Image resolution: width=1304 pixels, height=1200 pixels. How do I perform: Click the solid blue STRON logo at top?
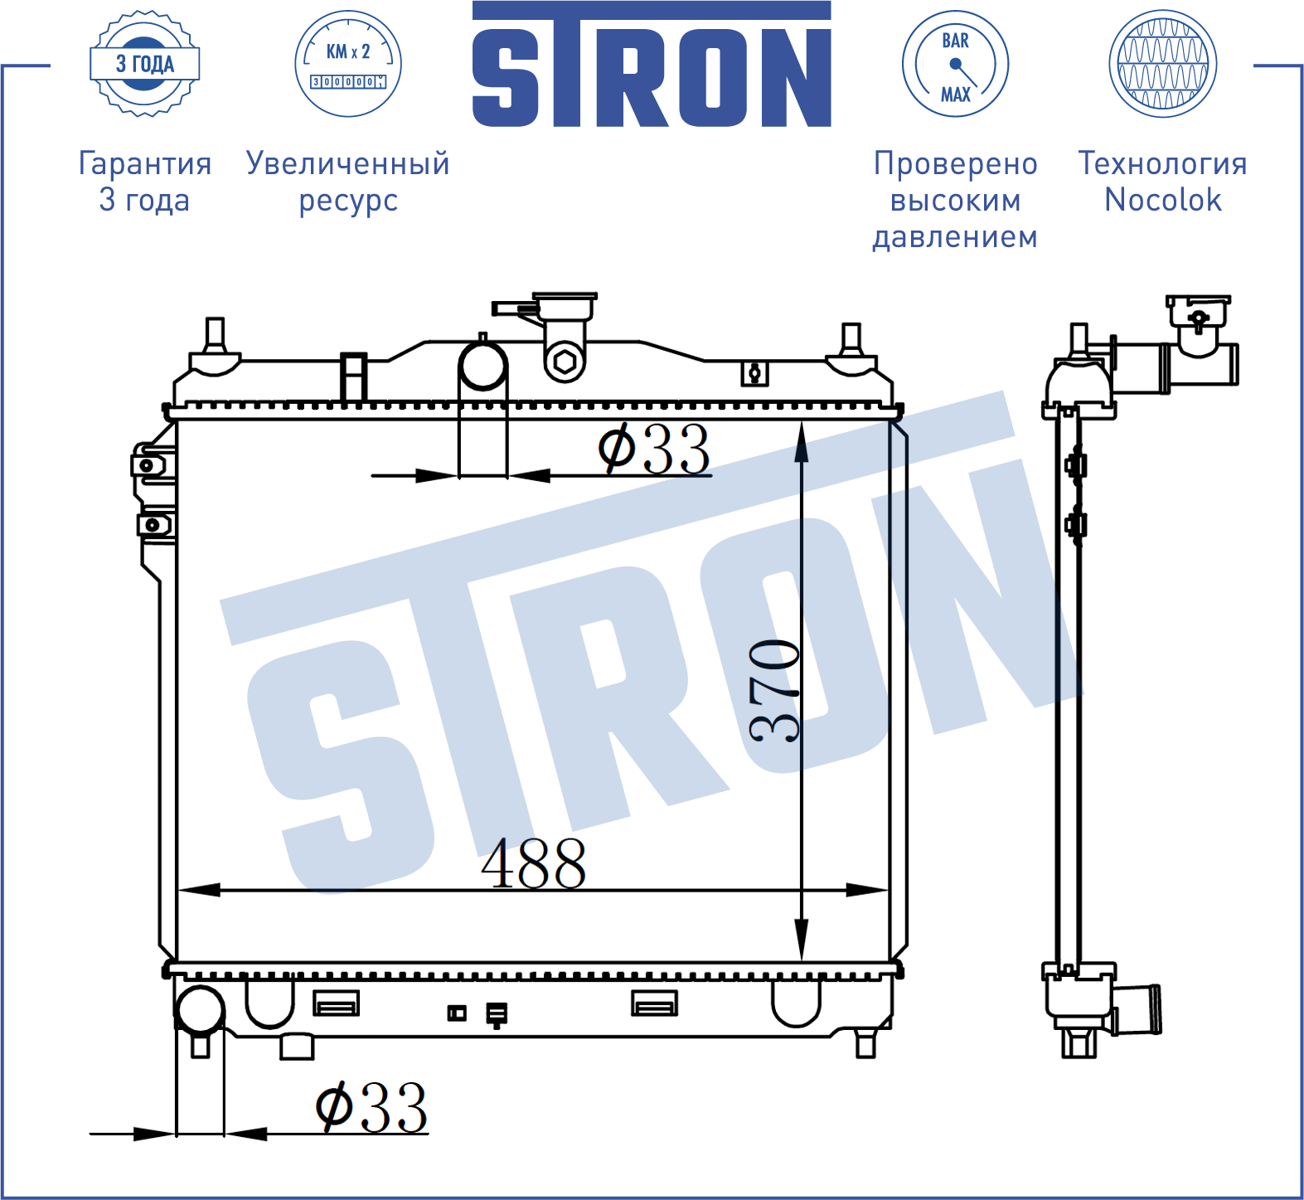tap(652, 65)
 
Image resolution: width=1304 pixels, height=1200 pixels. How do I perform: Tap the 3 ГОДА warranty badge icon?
tap(145, 64)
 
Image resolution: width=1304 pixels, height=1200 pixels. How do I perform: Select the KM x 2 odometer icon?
tap(348, 64)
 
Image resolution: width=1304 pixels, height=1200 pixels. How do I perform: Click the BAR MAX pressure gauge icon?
tap(955, 64)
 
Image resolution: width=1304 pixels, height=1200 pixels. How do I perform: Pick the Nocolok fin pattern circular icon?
tap(1163, 64)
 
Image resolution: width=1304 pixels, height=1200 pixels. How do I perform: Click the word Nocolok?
tap(1163, 200)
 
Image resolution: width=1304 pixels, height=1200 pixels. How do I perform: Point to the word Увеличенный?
tap(348, 164)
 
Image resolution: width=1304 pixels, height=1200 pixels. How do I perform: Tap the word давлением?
tap(955, 237)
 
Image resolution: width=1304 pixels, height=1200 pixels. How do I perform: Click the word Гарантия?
tap(145, 164)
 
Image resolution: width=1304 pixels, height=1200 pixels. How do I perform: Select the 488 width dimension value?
tap(534, 863)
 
